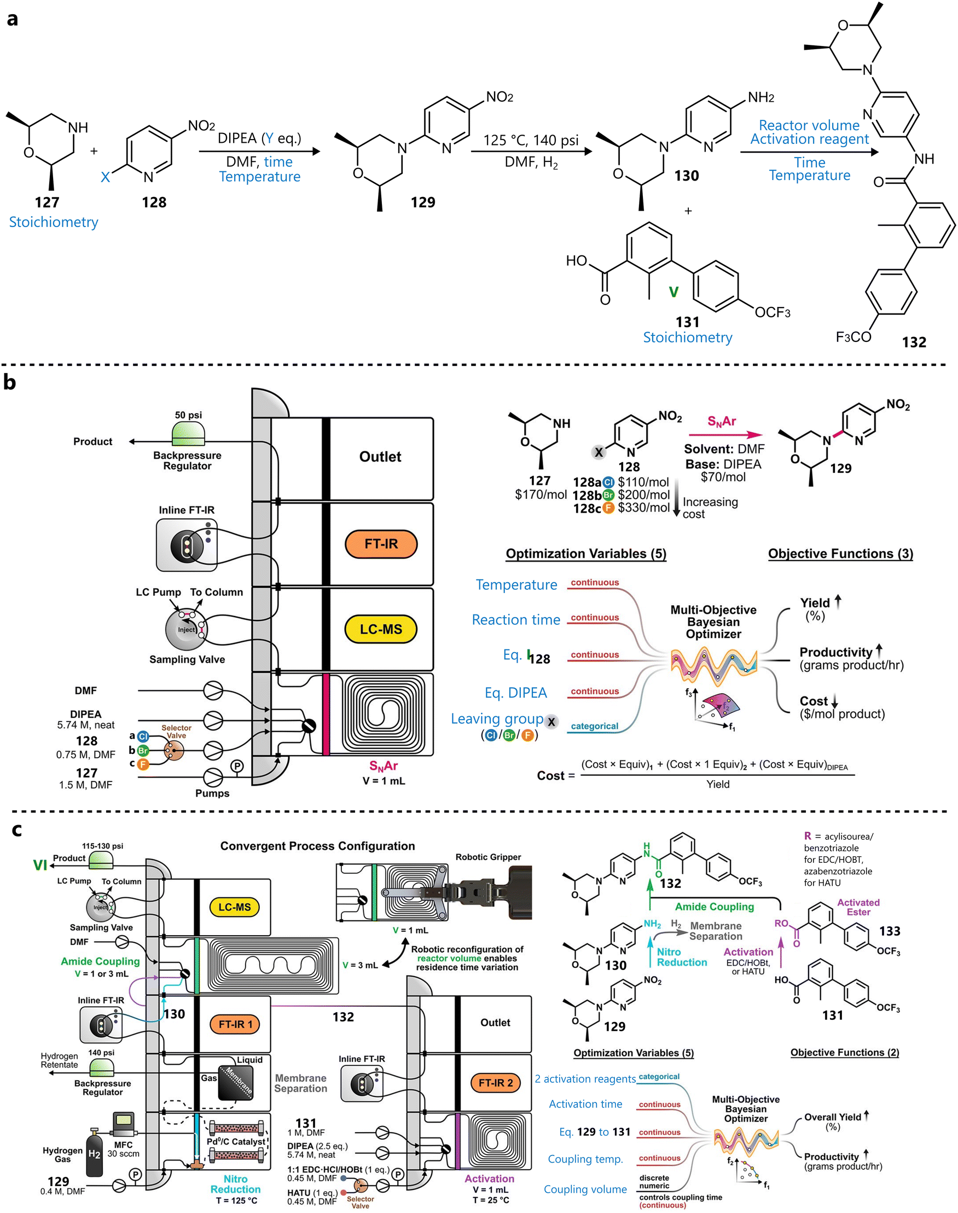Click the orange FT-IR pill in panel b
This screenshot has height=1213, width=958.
[381, 544]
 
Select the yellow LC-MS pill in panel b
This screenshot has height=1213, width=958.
[381, 629]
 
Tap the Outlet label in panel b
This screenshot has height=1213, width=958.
[380, 457]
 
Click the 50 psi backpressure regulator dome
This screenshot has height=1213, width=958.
[188, 434]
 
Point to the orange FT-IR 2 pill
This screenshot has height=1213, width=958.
[495, 1083]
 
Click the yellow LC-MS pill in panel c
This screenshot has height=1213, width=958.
[235, 907]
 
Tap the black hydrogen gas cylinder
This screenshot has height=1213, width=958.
[94, 1153]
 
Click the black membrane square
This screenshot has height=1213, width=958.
[236, 1082]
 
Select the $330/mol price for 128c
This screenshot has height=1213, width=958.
[644, 508]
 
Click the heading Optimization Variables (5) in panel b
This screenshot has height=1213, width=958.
[585, 554]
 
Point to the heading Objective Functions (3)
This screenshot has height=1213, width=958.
[840, 554]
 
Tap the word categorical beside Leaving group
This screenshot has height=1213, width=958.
[594, 726]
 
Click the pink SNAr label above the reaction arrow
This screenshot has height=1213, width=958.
[721, 422]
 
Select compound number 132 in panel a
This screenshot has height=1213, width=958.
[914, 342]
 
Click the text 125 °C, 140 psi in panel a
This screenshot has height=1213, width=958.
[531, 140]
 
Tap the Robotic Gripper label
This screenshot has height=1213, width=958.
[488, 857]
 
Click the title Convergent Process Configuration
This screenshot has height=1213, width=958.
[317, 846]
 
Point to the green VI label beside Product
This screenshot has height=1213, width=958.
[40, 866]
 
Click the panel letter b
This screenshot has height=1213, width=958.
[9, 382]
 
